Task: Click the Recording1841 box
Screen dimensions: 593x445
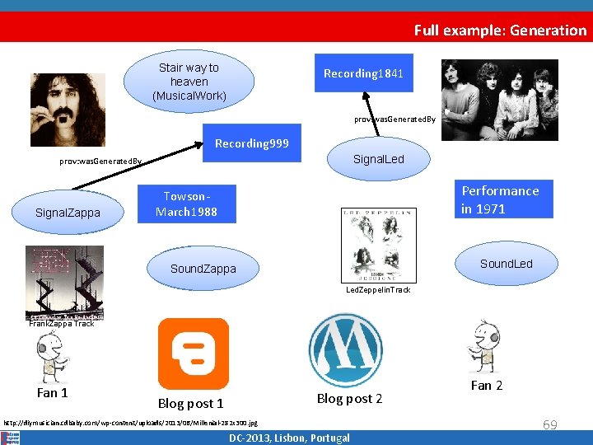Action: (x=363, y=74)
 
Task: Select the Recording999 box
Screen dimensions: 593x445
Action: (x=252, y=143)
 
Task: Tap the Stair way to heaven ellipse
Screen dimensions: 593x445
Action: (x=189, y=82)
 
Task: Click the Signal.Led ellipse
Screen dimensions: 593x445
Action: (x=378, y=159)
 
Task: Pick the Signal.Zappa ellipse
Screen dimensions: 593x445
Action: (x=68, y=213)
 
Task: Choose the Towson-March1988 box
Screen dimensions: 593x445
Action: (x=186, y=204)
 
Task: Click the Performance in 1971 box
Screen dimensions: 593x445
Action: (x=501, y=199)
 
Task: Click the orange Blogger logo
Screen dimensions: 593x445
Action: (x=194, y=354)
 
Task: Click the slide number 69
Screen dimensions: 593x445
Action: (x=549, y=424)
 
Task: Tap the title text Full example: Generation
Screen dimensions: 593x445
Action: (x=500, y=30)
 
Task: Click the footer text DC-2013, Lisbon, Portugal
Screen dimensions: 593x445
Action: (x=289, y=438)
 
